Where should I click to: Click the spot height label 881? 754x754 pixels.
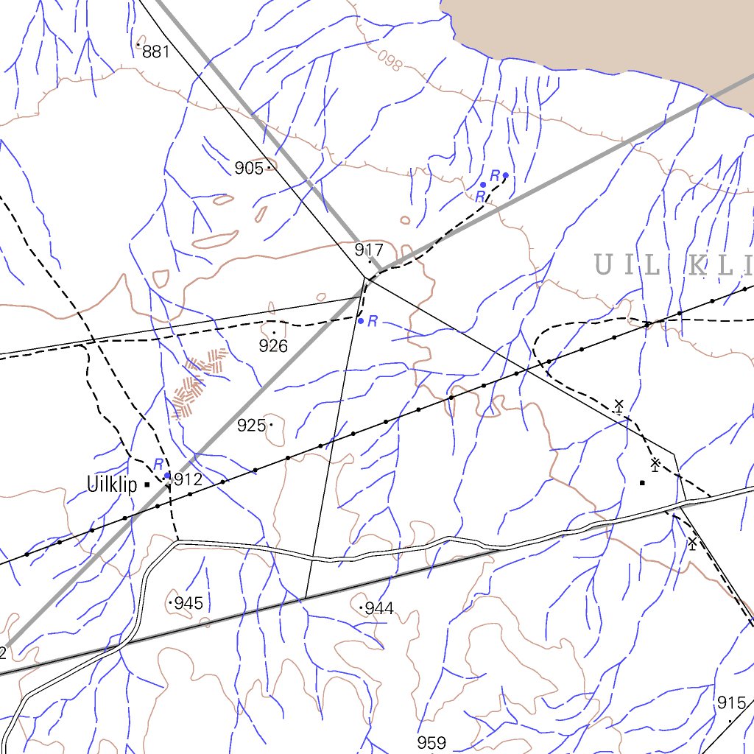[x=156, y=52]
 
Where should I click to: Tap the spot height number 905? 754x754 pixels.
[x=249, y=169]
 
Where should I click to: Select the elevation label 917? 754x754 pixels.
[x=369, y=249]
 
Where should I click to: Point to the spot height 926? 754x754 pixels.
[x=273, y=345]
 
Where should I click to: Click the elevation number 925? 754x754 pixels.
[x=251, y=426]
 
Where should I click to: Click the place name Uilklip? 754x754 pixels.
[x=112, y=485]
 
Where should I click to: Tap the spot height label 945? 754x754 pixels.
[x=188, y=604]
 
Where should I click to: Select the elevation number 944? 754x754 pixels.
[x=379, y=609]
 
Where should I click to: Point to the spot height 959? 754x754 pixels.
[x=431, y=742]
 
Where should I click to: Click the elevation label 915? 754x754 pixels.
[x=731, y=703]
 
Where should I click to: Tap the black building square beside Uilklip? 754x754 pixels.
[x=147, y=485]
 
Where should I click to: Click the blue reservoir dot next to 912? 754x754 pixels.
[x=168, y=476]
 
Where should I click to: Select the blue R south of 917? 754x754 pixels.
[x=373, y=321]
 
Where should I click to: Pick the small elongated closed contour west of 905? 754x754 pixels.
[x=215, y=240]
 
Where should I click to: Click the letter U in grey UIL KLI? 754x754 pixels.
[x=603, y=265]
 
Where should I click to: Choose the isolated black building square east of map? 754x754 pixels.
[x=642, y=483]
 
